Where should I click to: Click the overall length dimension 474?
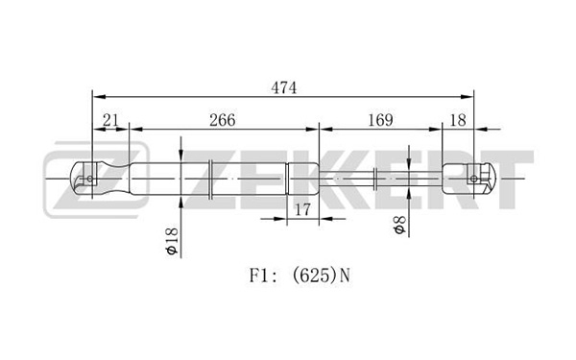point(283,87)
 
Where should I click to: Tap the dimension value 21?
point(110,120)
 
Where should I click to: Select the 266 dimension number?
point(223,120)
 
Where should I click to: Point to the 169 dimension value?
point(380,120)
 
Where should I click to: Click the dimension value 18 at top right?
point(458,120)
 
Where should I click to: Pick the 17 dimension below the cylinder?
point(302,209)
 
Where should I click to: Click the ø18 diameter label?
point(172,241)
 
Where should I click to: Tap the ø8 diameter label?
point(399,225)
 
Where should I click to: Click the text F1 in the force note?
point(257,276)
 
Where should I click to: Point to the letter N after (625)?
point(345,276)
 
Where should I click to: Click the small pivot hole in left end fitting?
point(90,179)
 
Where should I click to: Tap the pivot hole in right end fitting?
point(474,179)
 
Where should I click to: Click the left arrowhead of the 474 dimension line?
point(99,97)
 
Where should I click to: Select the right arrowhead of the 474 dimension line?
point(467,97)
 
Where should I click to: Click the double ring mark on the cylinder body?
point(210,180)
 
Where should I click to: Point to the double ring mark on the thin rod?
point(375,179)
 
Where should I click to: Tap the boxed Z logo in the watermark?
point(97,180)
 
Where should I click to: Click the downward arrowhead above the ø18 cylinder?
point(181,156)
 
